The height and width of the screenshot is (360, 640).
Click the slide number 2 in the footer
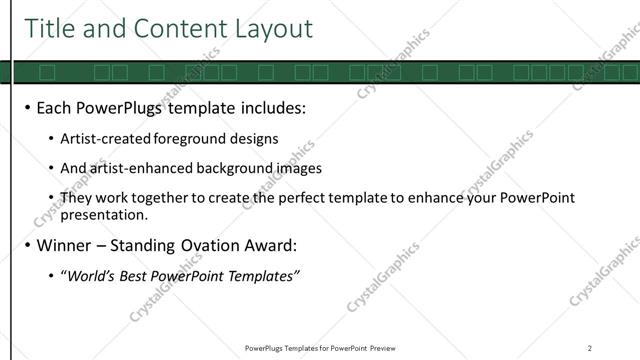[589, 347]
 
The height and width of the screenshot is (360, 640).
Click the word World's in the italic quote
[93, 275]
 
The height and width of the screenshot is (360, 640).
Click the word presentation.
[103, 214]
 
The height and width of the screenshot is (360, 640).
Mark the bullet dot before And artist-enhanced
[52, 168]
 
